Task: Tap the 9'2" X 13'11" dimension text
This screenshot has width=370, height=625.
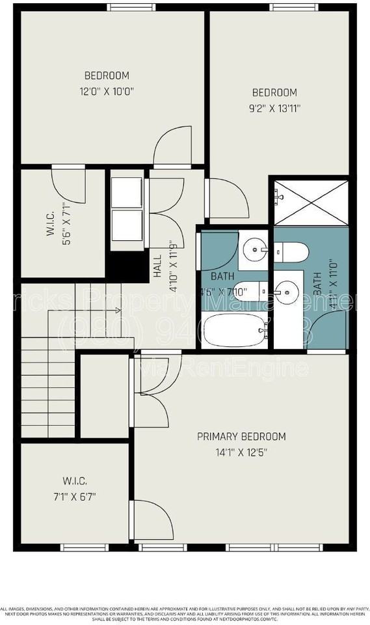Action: (x=274, y=109)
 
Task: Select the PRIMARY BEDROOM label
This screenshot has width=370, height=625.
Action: (x=241, y=436)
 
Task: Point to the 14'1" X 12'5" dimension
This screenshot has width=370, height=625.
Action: (x=241, y=451)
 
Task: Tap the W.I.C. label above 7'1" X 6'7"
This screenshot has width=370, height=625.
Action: (x=75, y=481)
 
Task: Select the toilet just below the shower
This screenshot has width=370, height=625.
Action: (x=291, y=251)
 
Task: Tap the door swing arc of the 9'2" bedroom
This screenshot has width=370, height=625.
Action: (x=228, y=199)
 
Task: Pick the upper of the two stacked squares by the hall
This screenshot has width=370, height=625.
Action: (x=127, y=190)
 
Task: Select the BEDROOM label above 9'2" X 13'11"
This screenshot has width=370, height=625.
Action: (x=274, y=92)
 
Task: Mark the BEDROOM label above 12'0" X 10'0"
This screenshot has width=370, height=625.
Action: (x=107, y=76)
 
